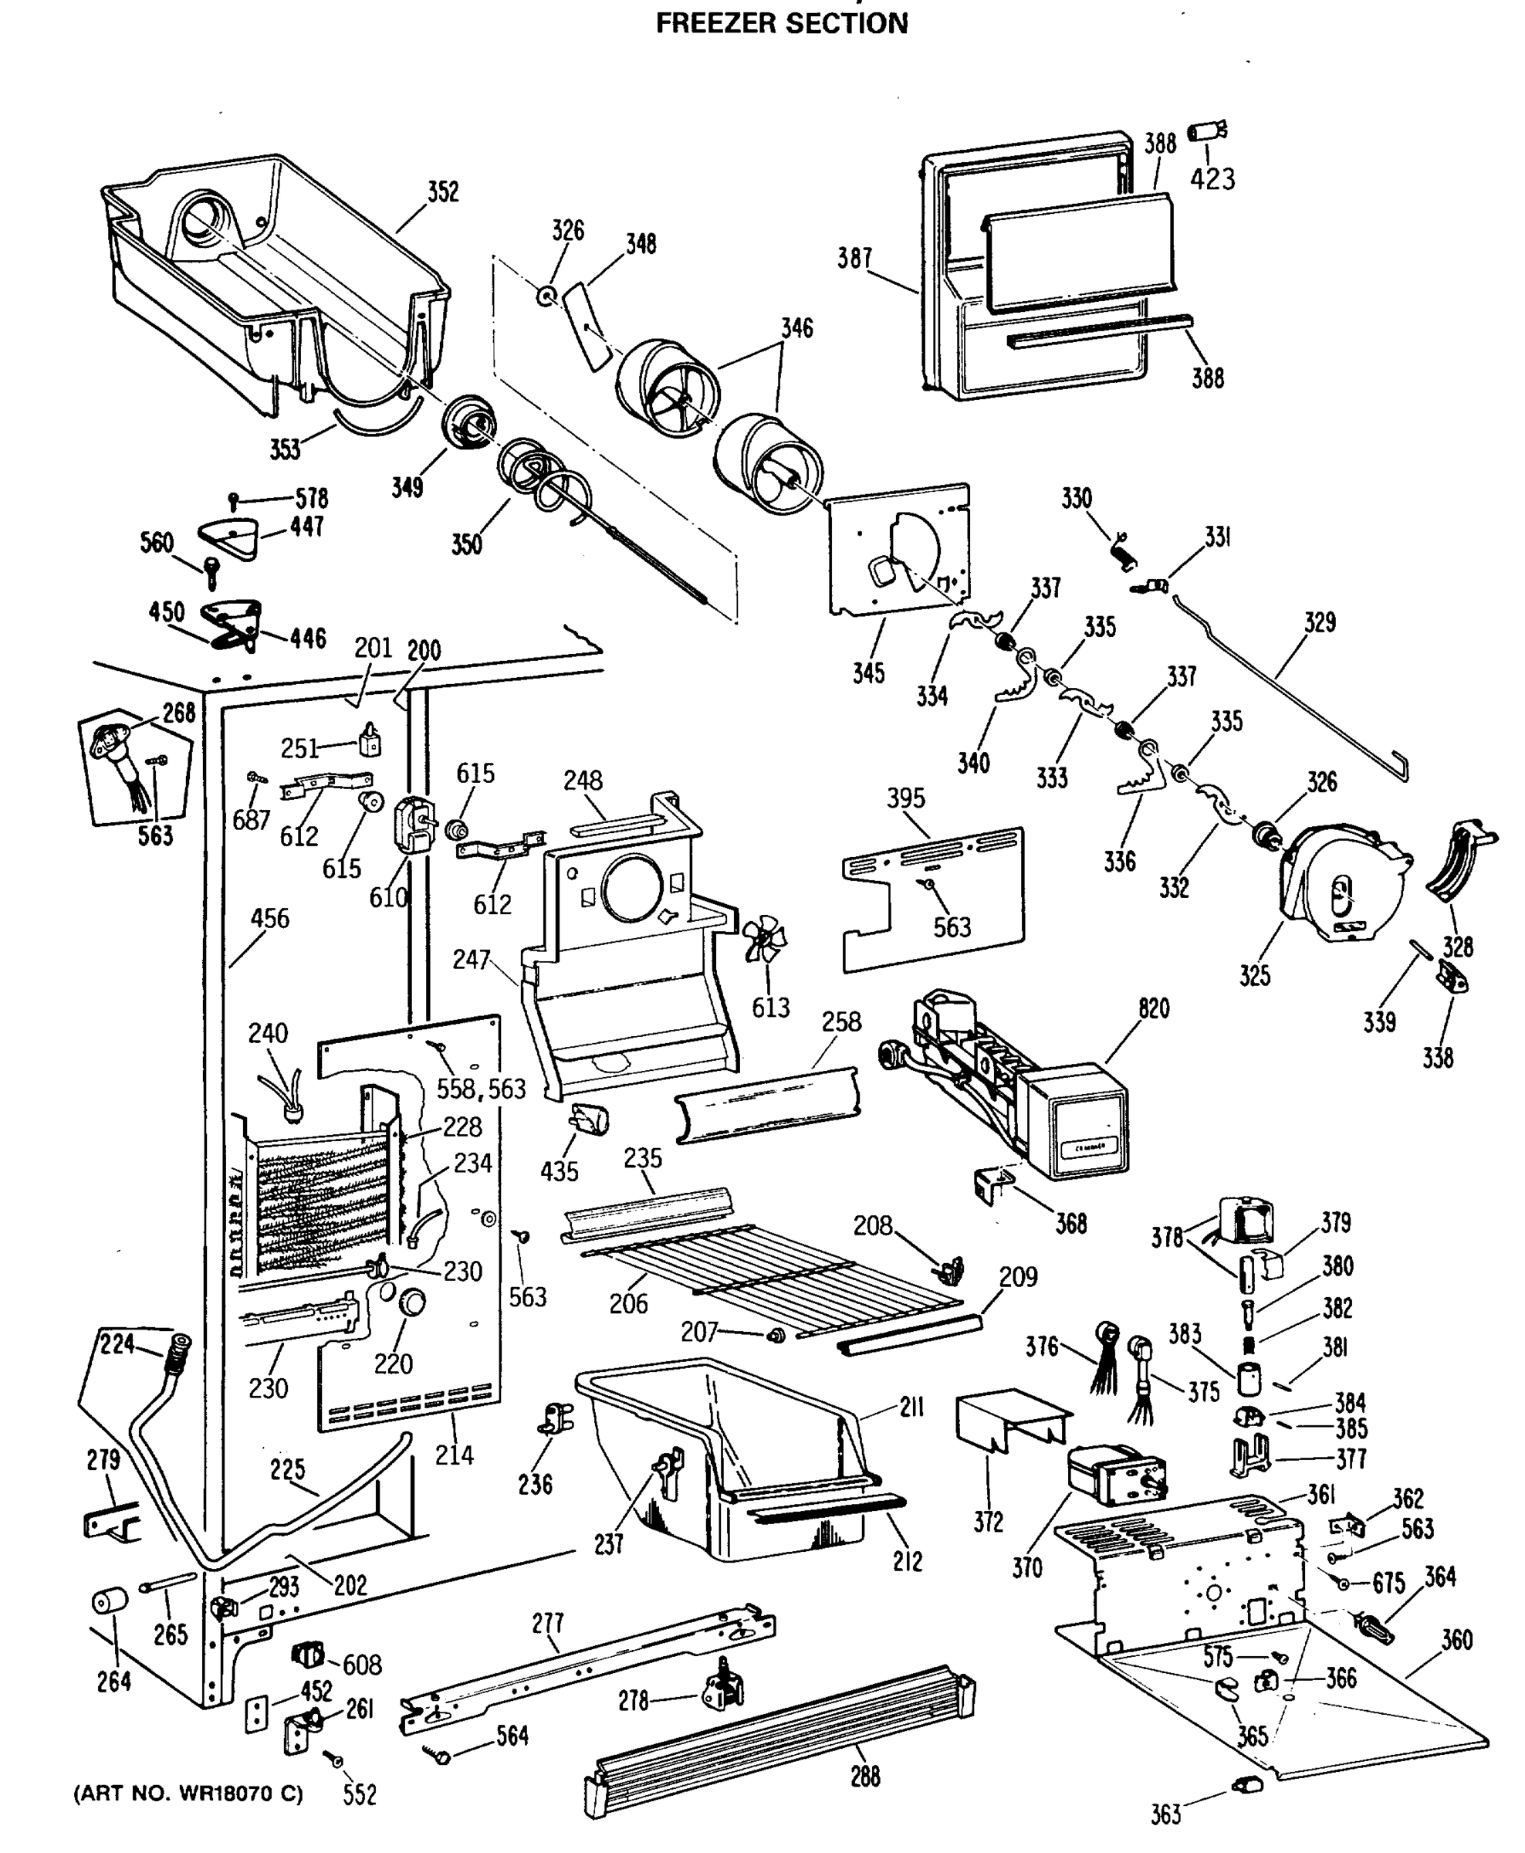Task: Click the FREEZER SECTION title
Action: (781, 23)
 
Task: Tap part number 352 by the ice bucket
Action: (443, 192)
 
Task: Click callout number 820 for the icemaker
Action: (1154, 1008)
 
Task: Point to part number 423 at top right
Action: (1212, 179)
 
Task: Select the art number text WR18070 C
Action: (188, 1794)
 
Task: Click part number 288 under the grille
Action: (865, 1777)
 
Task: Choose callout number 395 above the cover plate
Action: (906, 798)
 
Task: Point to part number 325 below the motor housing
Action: (1254, 975)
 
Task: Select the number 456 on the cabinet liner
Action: (269, 919)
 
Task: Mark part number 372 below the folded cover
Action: (989, 1522)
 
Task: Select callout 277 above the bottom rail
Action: (547, 1623)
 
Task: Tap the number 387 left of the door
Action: (854, 259)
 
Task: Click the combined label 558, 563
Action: (482, 1089)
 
